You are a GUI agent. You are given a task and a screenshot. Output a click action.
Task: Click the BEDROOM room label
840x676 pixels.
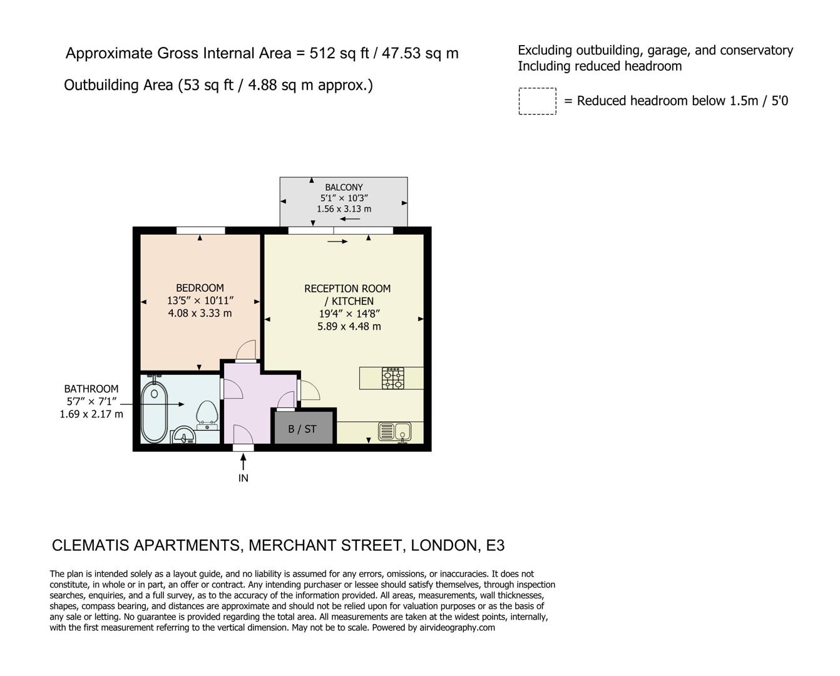[x=200, y=288]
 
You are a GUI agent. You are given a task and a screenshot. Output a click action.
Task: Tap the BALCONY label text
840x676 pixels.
[x=344, y=187]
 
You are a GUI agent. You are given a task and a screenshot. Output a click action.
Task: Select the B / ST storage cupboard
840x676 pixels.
[x=302, y=429]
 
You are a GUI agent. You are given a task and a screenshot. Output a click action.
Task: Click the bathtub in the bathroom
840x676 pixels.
[x=153, y=409]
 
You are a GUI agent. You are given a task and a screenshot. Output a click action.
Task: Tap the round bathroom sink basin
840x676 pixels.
[x=183, y=436]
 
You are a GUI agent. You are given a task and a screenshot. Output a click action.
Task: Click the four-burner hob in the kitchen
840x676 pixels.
[x=393, y=378]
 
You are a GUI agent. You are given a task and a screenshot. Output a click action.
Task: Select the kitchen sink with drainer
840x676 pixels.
[x=394, y=431]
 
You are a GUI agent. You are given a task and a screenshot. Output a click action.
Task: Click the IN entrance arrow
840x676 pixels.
[x=243, y=462]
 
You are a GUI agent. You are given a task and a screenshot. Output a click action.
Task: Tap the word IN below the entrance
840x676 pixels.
[x=243, y=478]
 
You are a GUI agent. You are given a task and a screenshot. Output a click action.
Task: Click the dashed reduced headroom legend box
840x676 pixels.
[x=537, y=101]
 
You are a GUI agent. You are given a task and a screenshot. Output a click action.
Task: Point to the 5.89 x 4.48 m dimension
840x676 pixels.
[x=349, y=326]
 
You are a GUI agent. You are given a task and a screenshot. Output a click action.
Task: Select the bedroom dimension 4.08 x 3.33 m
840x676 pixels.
[x=200, y=313]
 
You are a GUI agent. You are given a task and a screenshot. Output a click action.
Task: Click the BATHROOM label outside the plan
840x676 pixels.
[x=91, y=389]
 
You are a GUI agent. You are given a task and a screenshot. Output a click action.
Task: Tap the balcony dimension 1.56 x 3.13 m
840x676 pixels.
[x=344, y=209]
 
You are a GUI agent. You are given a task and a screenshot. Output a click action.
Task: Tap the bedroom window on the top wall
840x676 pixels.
[x=200, y=230]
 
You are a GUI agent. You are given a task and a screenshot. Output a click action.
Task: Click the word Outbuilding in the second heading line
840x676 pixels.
[x=101, y=85]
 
